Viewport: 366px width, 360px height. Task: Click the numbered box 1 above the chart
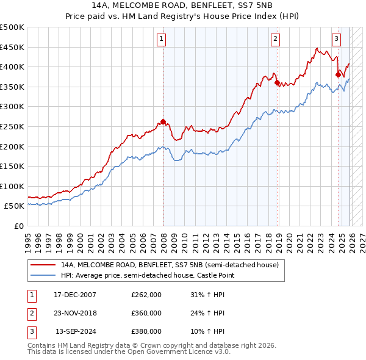point(162,39)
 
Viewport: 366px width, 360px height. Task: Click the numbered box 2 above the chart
point(276,39)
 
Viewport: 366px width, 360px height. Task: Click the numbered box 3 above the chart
point(336,39)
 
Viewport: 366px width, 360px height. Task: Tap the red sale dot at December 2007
point(163,121)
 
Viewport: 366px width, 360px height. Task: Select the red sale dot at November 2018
point(277,82)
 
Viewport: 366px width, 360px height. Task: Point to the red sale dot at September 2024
point(338,74)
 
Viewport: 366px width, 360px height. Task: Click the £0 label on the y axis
point(18,226)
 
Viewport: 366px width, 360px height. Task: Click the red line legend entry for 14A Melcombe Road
point(170,265)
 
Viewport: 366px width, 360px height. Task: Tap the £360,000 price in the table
point(146,313)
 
